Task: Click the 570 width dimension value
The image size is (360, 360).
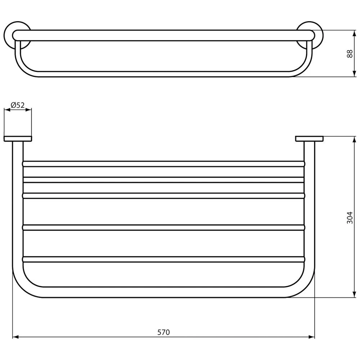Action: pos(163,332)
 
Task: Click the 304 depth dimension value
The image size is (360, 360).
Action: pos(350,217)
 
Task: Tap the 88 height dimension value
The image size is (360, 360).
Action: pos(350,54)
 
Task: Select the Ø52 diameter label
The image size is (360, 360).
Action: pos(18,105)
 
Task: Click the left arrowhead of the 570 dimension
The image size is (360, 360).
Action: pos(15,337)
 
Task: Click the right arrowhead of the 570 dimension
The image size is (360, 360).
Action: pos(312,337)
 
